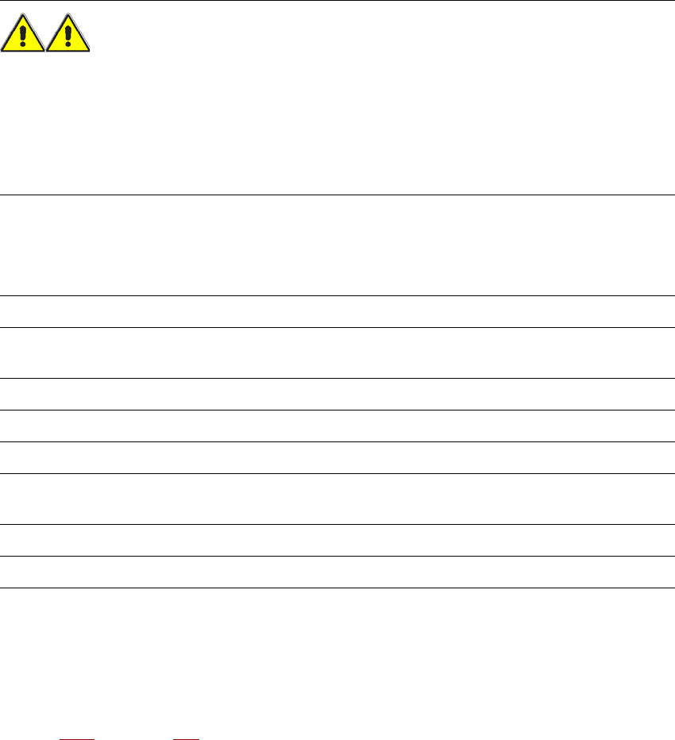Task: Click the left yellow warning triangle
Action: pos(23,38)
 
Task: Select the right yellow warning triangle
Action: pos(68,38)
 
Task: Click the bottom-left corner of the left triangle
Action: pos(2,52)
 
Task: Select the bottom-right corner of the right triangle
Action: pos(90,52)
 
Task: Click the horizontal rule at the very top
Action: pos(337,1)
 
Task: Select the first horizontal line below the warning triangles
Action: pos(337,195)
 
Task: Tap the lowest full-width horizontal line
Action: pos(337,588)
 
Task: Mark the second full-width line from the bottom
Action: pos(337,556)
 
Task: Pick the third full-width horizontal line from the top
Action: pos(337,296)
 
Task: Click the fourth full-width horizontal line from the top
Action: pos(337,327)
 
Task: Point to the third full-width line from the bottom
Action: pos(337,524)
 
